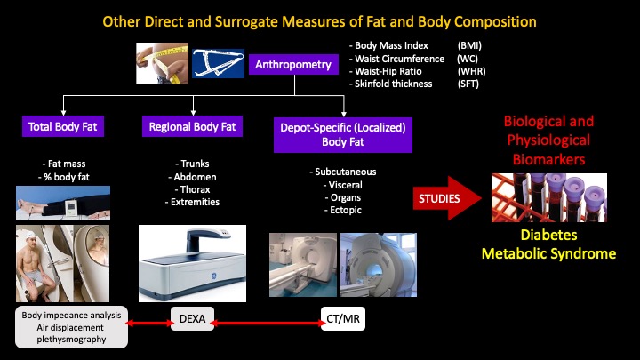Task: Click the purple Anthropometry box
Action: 293,65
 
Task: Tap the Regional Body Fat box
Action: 191,127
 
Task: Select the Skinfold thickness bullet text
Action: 391,84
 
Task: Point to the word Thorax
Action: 190,188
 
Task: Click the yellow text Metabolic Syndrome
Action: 548,254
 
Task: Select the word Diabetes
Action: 548,236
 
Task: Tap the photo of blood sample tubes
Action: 548,198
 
